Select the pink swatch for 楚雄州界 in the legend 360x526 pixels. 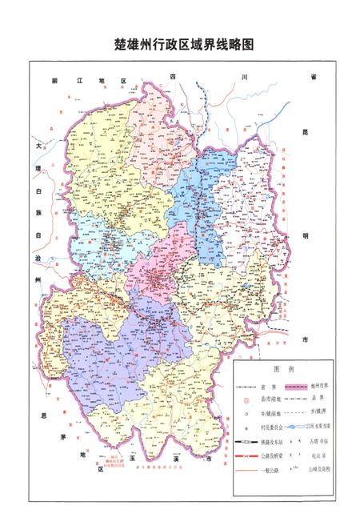coord(297,386)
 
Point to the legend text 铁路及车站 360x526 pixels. coord(270,442)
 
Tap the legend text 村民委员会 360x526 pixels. coord(271,428)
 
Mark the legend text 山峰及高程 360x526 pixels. coord(319,470)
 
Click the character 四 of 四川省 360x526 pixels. coord(171,76)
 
